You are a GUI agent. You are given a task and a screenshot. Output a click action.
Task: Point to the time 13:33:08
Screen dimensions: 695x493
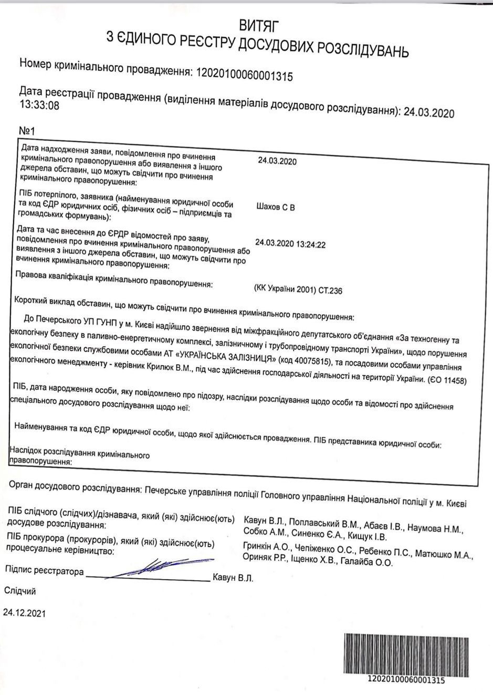(x=39, y=105)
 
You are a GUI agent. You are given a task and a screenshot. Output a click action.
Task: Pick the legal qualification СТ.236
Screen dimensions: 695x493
(x=329, y=290)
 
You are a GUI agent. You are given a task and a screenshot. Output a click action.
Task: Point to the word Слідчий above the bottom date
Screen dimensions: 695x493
(x=20, y=591)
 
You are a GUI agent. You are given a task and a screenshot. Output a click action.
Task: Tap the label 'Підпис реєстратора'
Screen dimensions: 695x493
(x=44, y=571)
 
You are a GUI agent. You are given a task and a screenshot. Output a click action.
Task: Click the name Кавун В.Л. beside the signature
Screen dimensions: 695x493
(x=233, y=578)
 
